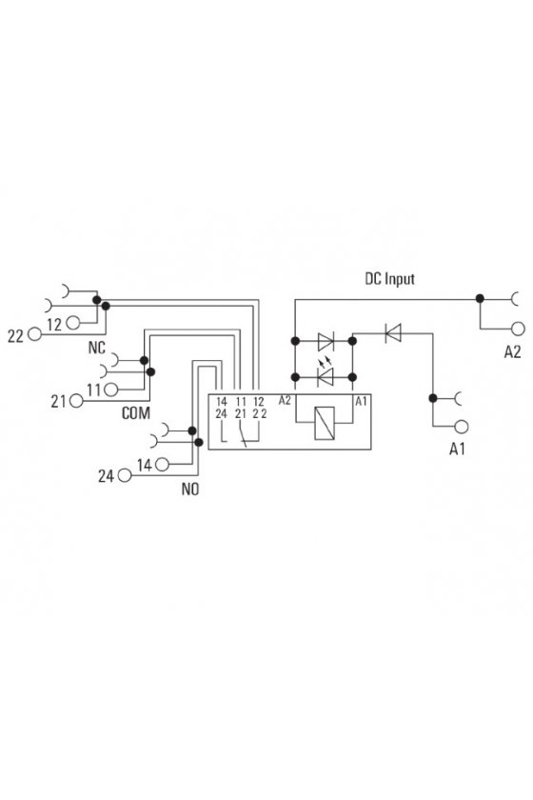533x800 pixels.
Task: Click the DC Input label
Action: tap(389, 278)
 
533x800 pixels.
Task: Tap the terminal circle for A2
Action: tap(518, 329)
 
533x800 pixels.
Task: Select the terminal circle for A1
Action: tap(462, 427)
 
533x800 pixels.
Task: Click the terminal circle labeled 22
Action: tap(34, 334)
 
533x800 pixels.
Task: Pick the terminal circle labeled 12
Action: tap(73, 323)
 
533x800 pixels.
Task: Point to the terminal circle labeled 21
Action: tap(76, 401)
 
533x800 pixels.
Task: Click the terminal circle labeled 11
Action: tap(111, 390)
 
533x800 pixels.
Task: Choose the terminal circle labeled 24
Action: tap(125, 475)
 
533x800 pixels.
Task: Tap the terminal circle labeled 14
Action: tap(162, 465)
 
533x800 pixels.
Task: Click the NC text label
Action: tap(97, 348)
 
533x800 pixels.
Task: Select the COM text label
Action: tap(136, 412)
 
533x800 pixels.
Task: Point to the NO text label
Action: tap(190, 490)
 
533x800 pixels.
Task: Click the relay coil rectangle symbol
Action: tap(325, 423)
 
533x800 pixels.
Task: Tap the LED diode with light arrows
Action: tap(325, 374)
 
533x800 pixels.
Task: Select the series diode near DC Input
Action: tap(393, 333)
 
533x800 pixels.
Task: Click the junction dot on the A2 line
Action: tap(480, 298)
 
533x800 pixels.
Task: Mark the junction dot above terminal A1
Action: tap(432, 398)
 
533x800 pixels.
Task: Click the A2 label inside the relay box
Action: tap(285, 401)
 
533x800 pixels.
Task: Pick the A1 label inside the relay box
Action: tap(361, 402)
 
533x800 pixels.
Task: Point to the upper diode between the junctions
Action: tap(326, 341)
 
